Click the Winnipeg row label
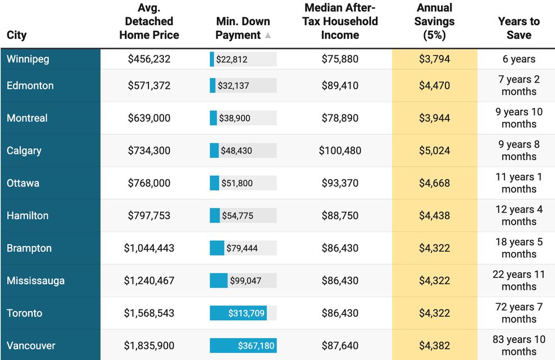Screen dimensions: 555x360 28,59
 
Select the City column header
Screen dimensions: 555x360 17,35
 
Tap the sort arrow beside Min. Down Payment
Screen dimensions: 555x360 268,35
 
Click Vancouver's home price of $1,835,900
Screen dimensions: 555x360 149,345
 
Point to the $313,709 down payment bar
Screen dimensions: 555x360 238,313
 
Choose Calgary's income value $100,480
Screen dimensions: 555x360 340,151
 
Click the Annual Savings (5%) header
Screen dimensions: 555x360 434,21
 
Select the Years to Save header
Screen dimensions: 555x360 519,28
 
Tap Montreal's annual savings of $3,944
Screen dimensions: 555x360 434,118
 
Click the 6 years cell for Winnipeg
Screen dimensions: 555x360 519,59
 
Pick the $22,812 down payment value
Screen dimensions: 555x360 232,60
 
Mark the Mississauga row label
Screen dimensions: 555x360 35,281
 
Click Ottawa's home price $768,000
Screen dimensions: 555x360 149,183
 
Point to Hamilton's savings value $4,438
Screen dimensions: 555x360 434,216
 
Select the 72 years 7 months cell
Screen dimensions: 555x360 519,313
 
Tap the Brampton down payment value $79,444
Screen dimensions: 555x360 242,248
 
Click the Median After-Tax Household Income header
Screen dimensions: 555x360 340,21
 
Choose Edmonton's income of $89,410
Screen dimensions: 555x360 340,85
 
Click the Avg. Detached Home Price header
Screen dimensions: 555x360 149,21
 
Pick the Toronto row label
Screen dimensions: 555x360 24,313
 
